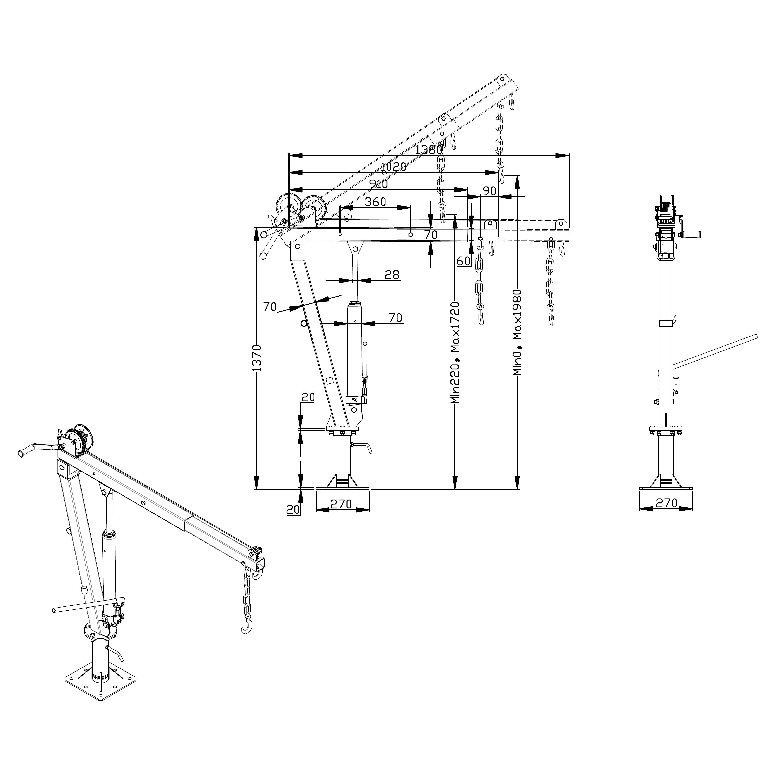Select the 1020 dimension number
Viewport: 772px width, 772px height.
[394, 167]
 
